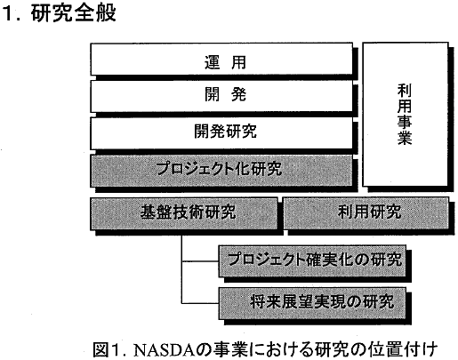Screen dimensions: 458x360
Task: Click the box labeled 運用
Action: coord(221,59)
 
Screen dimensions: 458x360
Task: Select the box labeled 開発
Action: coord(221,96)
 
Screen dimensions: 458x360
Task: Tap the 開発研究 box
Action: coord(221,133)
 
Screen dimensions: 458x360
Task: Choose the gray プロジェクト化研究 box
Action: coord(221,171)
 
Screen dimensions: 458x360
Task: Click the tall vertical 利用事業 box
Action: coord(406,115)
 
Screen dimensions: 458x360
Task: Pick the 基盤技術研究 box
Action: coord(184,213)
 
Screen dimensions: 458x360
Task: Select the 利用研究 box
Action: coord(366,213)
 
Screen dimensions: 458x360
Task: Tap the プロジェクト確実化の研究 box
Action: coord(312,260)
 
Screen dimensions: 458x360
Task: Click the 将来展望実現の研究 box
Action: coord(312,303)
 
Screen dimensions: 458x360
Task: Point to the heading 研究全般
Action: coord(73,13)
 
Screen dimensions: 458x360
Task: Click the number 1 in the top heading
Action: coord(9,13)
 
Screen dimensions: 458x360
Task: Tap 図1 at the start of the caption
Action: coord(108,350)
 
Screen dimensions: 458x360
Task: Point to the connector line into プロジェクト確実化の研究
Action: coord(200,261)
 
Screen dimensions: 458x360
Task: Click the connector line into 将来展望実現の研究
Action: coord(200,303)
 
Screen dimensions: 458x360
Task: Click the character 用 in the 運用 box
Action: coord(238,62)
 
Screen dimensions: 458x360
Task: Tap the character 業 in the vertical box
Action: coord(405,138)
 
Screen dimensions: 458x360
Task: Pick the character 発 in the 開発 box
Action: coord(238,94)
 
